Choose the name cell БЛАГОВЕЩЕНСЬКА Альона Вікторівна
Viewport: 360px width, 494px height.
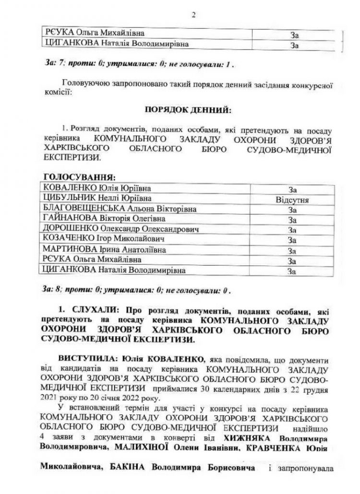coord(120,209)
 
